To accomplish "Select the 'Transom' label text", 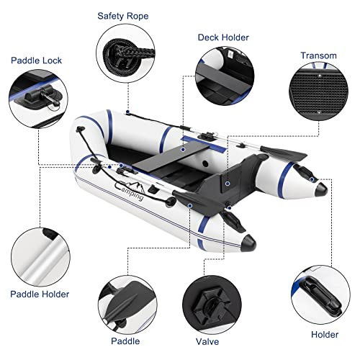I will [x=318, y=55].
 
